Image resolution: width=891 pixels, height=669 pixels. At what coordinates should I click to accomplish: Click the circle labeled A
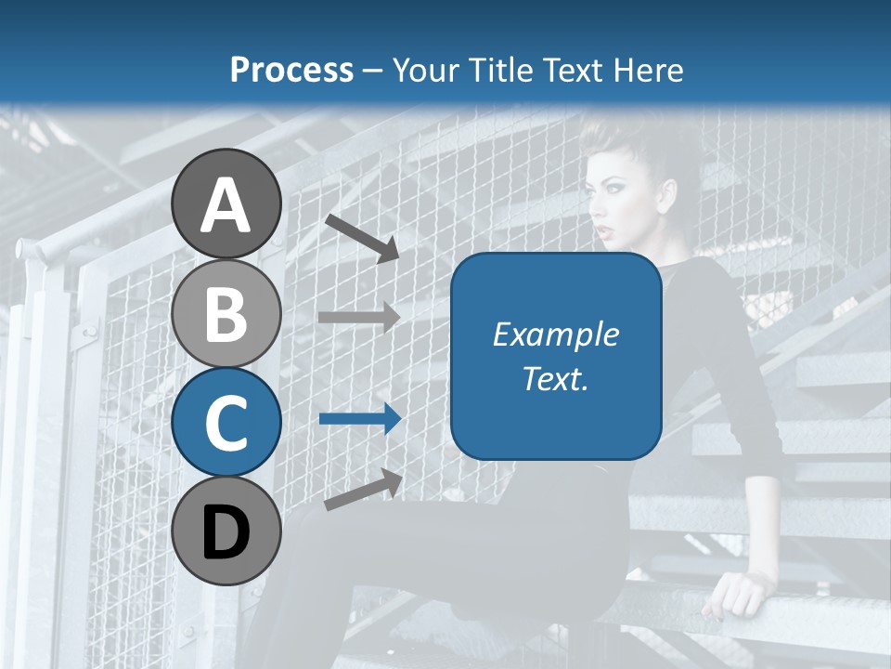(226, 203)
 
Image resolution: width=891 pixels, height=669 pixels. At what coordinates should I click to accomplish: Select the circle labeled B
(226, 313)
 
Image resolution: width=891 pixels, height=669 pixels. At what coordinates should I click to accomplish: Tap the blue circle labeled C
(226, 422)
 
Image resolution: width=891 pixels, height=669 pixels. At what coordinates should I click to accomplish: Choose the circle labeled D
(226, 531)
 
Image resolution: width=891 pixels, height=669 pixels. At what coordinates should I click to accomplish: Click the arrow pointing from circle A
(362, 237)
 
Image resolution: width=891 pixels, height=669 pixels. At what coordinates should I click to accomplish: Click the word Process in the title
(291, 70)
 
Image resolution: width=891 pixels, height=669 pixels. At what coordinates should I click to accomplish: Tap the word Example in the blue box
(556, 334)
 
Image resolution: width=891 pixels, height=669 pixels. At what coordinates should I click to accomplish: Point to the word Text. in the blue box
(556, 378)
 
